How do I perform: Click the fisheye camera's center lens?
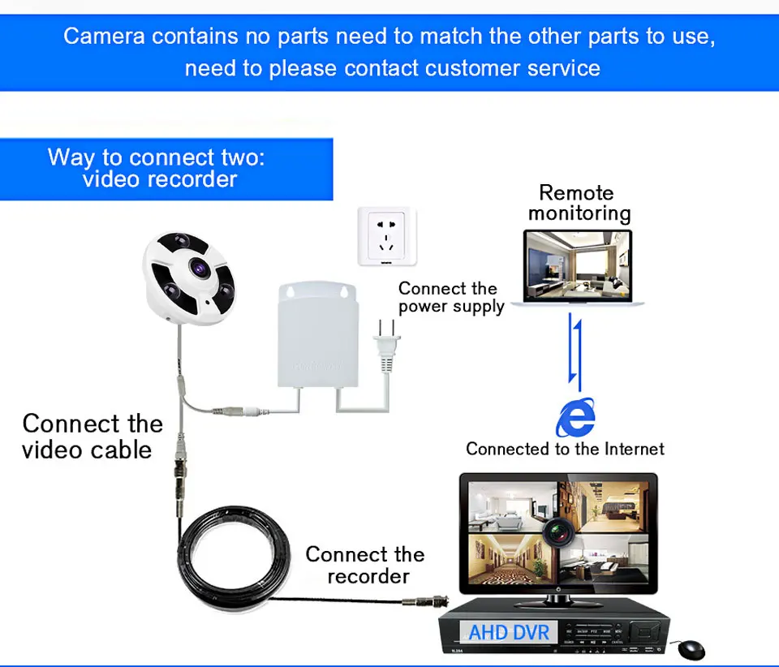coord(200,269)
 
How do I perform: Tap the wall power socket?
coord(386,236)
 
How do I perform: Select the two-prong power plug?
coord(386,345)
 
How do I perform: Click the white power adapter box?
coord(318,334)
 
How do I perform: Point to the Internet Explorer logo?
coord(576,417)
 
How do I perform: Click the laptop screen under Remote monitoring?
coord(578,265)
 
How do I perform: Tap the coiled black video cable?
coord(234,558)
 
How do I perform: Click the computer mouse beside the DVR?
coord(691,649)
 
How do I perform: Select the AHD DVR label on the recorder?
coord(509,633)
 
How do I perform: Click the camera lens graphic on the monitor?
coord(558,531)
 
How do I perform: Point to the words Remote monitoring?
coord(579,203)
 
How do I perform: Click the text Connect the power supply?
coord(451,298)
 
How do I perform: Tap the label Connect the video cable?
coord(93,437)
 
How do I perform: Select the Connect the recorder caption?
coord(365,566)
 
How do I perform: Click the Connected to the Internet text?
coord(565,449)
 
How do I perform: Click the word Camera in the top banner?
coord(104,37)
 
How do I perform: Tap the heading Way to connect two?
coord(156,157)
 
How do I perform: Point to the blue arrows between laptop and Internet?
coord(575,351)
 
